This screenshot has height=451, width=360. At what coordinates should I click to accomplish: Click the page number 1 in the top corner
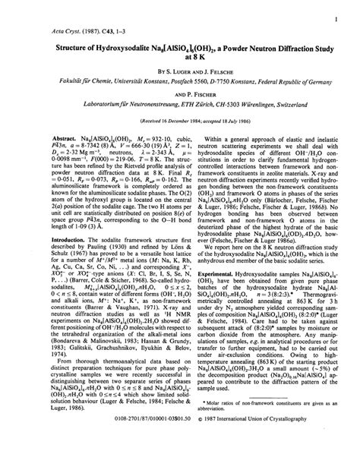pyautogui.click(x=335, y=14)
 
